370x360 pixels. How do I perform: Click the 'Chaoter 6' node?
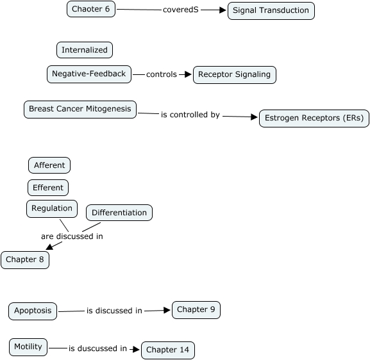91,9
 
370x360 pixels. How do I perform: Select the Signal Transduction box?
271,11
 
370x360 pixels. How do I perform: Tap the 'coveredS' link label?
181,10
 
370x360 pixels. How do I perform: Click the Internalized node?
85,50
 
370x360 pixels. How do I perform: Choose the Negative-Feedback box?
89,74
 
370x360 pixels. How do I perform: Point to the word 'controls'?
162,74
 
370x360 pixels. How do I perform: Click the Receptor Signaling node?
235,75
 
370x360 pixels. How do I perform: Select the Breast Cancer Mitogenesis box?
80,110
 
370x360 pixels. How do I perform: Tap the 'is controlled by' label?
190,115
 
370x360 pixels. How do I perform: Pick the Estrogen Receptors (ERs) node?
314,118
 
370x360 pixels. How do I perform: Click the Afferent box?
49,165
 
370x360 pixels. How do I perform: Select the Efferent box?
48,188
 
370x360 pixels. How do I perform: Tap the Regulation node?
52,209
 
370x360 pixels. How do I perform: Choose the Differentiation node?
119,213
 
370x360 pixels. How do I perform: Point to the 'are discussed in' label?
72,236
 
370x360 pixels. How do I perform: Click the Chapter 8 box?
25,260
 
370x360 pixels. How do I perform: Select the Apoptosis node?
33,311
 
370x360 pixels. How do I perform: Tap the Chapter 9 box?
196,310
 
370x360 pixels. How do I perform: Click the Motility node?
28,347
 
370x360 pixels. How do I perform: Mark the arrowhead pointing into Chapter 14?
136,349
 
